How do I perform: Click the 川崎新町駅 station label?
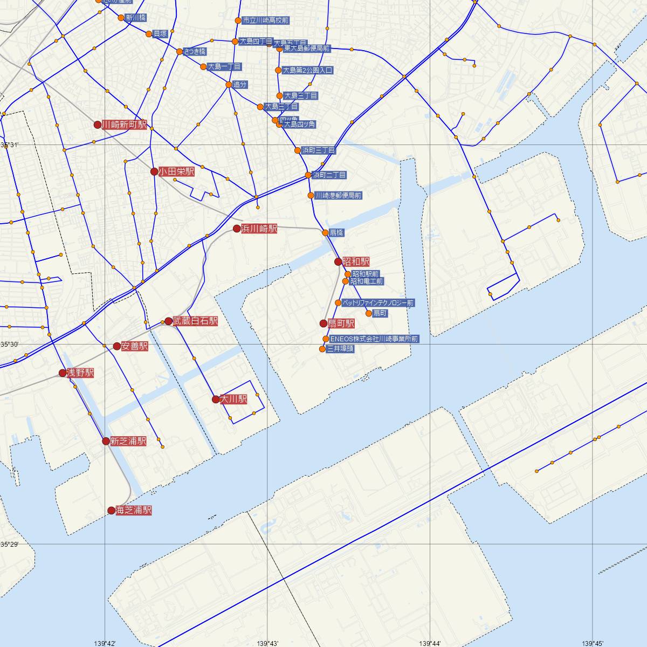tap(125, 125)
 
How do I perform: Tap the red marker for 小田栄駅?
tap(154, 172)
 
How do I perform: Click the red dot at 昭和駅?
tap(338, 262)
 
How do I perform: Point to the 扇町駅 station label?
tap(342, 323)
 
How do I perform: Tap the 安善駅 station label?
tap(134, 346)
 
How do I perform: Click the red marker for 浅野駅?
tap(63, 373)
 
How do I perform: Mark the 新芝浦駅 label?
tap(128, 441)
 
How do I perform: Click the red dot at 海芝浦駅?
tap(112, 511)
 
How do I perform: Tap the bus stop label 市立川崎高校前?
tap(265, 20)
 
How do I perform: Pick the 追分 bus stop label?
tap(240, 85)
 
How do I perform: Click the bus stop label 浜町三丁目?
tap(318, 150)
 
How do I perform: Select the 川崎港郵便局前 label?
tap(338, 195)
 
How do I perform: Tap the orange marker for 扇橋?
tap(325, 233)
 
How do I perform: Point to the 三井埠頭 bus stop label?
tap(340, 349)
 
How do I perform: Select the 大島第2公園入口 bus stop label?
tap(308, 70)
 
